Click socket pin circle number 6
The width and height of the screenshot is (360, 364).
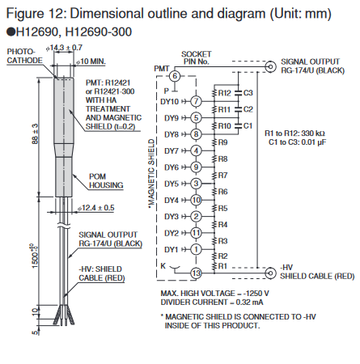(175, 76)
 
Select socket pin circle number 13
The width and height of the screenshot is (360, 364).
(196, 273)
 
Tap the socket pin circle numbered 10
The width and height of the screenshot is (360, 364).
(196, 200)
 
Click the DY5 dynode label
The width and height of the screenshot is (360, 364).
(172, 184)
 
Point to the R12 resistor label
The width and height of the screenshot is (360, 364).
(224, 93)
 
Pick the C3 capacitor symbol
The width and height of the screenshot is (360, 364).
(239, 93)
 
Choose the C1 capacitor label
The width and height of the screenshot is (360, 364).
(248, 126)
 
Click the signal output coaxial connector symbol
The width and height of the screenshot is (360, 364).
(270, 66)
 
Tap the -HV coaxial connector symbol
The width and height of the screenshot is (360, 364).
(270, 273)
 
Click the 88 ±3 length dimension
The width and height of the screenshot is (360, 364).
(36, 134)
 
